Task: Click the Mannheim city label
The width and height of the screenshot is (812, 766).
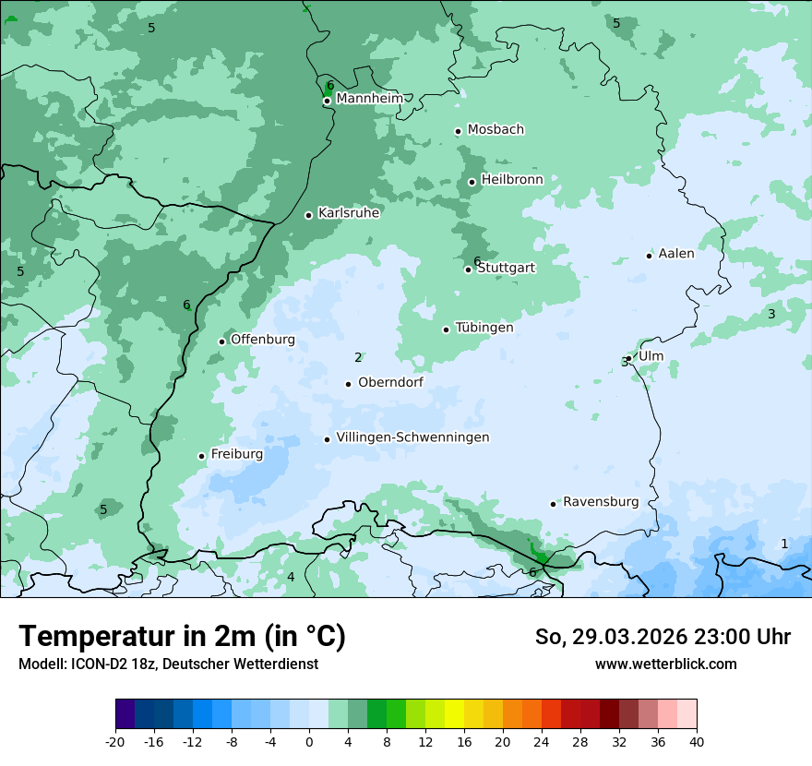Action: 369,99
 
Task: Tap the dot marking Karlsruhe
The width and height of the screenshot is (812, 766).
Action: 308,215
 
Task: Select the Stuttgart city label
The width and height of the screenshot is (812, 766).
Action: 506,268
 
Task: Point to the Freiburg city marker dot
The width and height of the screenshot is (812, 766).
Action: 201,456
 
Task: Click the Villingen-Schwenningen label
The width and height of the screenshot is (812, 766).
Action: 412,437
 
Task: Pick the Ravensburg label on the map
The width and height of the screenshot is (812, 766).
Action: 601,502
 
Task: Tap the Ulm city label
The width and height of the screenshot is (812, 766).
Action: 651,356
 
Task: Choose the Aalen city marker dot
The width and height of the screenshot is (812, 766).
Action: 649,256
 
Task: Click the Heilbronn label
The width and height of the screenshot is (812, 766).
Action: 512,180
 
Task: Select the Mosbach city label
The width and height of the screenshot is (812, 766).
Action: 496,130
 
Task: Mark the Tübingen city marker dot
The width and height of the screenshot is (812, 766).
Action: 446,329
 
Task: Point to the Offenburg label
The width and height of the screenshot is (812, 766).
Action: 263,340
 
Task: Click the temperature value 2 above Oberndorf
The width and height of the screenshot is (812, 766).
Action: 358,357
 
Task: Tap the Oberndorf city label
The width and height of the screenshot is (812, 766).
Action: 390,382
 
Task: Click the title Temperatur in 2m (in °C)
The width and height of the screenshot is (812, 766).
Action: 182,637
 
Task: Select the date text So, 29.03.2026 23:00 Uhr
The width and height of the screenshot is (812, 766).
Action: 663,637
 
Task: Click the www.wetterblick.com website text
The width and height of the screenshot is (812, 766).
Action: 665,664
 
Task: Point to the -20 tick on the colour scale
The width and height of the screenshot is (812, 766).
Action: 115,742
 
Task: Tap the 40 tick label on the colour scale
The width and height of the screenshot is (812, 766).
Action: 697,742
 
